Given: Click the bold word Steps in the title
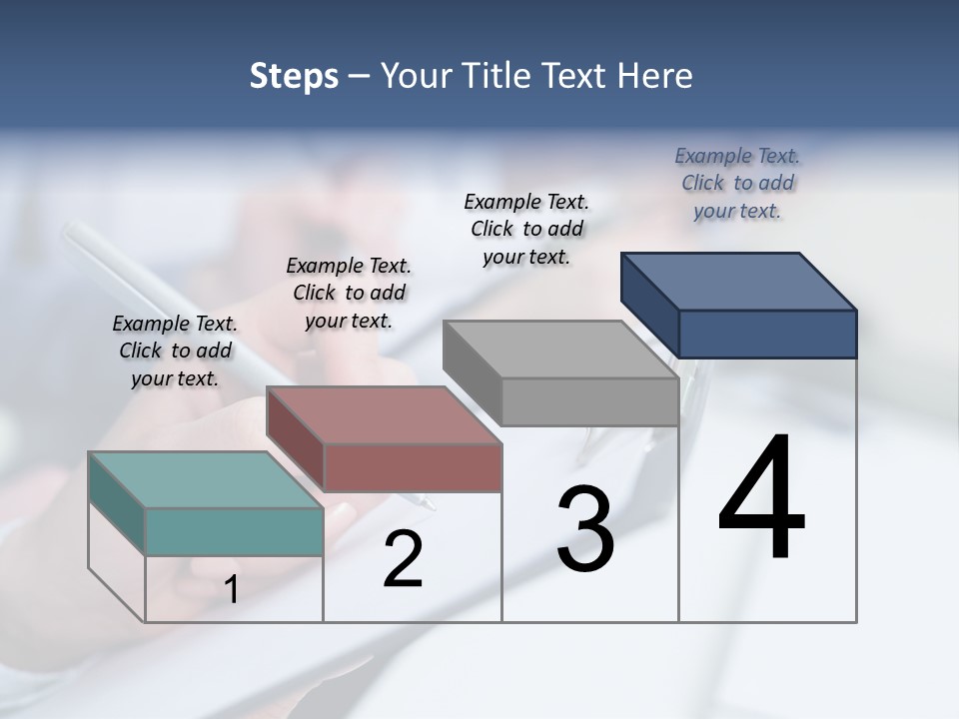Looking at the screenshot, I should coord(294,76).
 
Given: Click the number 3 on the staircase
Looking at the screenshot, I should coord(585,528).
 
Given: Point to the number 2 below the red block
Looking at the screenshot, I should coord(403,559).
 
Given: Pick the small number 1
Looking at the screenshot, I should coord(232,590).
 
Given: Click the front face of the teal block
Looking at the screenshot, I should coord(234,531).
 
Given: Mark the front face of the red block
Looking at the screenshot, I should coord(413,467).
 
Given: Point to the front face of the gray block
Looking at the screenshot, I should coord(589,401).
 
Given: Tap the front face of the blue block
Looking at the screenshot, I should coord(767,334).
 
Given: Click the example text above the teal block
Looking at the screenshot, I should coord(175,351).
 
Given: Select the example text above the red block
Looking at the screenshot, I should coord(349,293).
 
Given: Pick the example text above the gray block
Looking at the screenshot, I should coord(526,229).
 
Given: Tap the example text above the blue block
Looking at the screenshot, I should coord(737,183).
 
